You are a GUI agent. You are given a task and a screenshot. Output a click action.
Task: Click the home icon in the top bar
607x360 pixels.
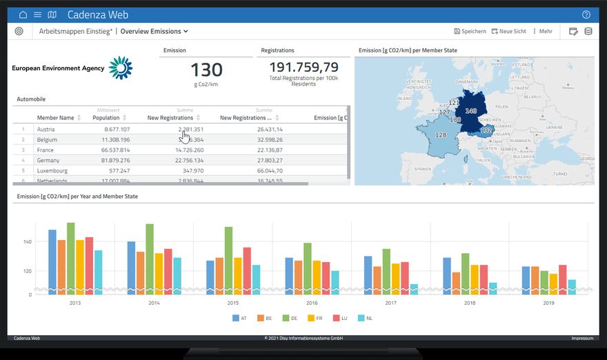coord(23,14)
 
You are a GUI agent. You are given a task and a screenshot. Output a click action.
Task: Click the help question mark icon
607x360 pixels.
coord(586,14)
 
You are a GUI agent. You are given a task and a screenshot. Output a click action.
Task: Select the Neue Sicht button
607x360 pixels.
coord(508,31)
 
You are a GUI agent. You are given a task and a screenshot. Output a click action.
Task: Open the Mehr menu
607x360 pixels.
coord(542,31)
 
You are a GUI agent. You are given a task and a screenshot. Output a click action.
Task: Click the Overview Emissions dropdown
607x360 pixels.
coord(155,31)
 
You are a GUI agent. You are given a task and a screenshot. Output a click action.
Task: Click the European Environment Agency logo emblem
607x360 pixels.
coord(120,68)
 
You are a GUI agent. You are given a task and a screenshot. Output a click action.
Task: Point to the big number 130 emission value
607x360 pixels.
coord(206,70)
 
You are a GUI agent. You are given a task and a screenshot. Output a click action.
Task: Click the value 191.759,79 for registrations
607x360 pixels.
coord(303,67)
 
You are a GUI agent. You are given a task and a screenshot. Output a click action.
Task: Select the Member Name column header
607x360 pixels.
coord(55,118)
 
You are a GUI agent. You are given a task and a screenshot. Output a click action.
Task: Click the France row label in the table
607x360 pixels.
coord(46,150)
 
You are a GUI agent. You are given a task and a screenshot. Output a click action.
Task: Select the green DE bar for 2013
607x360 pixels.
coord(71,259)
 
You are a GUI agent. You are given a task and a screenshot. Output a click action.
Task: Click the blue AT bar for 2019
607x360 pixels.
coord(526,280)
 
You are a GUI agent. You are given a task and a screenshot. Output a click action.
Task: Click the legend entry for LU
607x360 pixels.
coord(341,318)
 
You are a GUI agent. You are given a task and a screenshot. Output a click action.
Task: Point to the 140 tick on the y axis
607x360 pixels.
coord(28,242)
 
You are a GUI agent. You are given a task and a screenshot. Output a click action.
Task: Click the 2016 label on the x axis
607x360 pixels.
coord(312,303)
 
